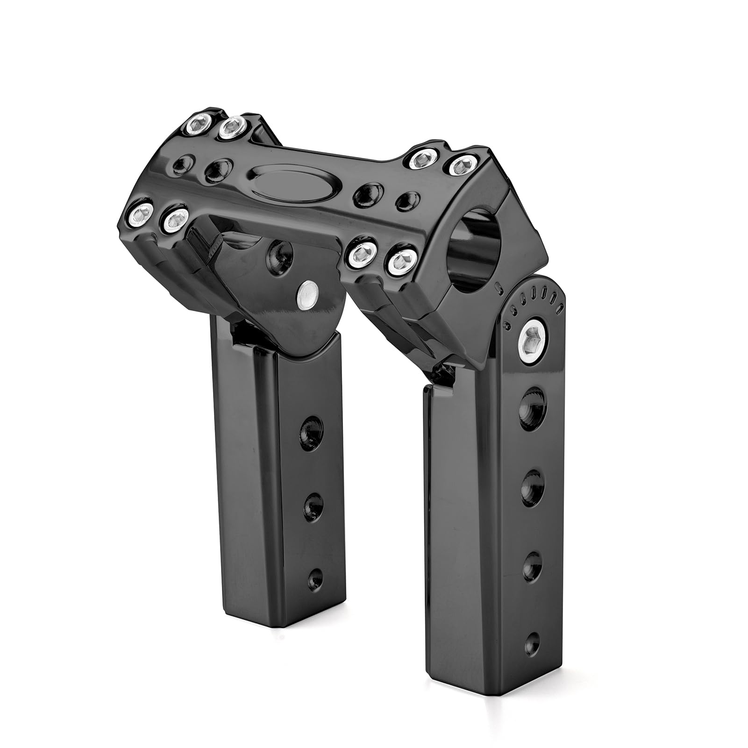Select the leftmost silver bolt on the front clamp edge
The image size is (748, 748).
coord(139,214)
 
